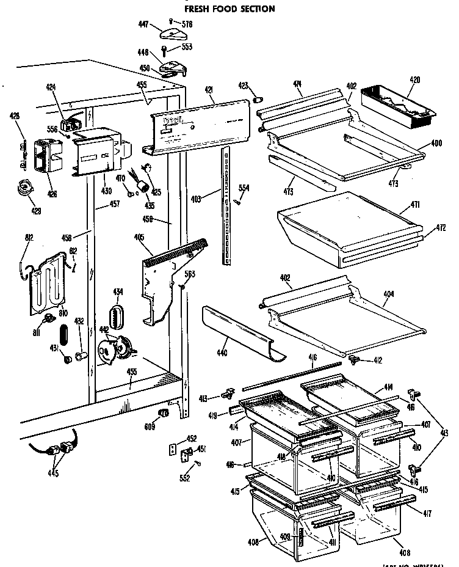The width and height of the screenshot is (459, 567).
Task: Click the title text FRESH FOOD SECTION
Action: [x=229, y=9]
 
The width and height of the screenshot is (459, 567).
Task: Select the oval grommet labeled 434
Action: [x=116, y=317]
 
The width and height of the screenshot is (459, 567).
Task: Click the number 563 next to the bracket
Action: [x=190, y=274]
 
